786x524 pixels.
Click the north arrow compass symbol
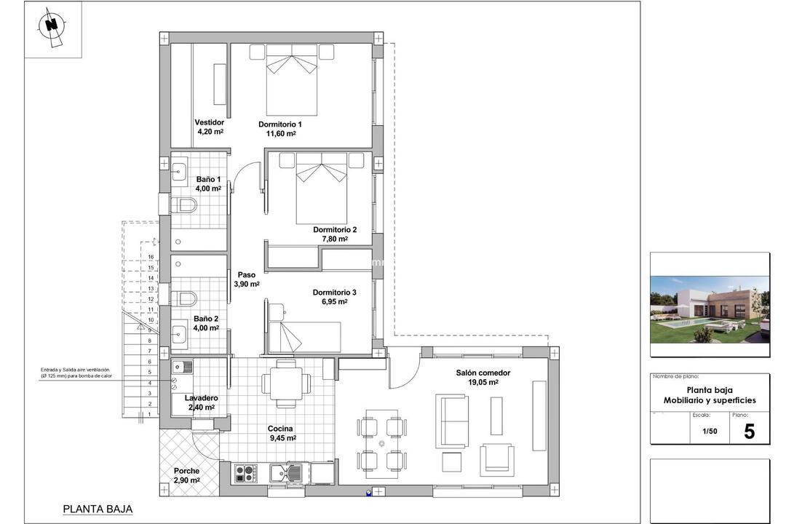51,25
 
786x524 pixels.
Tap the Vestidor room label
209,122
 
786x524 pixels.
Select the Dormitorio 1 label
279,124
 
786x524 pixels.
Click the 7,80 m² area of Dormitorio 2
335,239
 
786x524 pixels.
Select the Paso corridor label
247,275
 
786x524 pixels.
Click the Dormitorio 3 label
335,293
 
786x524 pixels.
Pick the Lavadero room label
201,398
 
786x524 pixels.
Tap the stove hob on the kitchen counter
245,474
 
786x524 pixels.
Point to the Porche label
186,471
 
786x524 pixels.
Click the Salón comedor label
483,373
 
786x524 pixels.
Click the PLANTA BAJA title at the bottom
98,509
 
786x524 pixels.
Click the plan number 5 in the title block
749,431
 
